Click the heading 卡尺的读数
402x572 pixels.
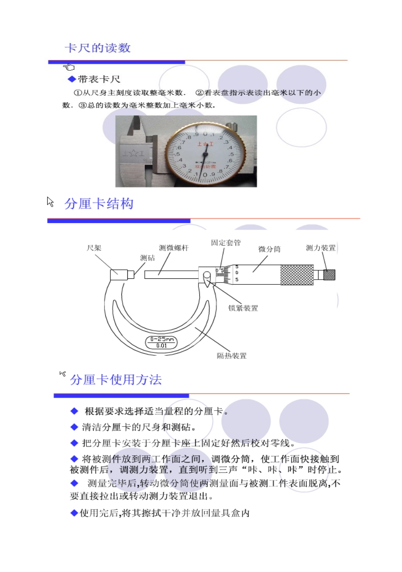[98, 48]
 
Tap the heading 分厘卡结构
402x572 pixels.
[99, 204]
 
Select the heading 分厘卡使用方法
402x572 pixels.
[116, 380]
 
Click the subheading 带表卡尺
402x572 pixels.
[99, 79]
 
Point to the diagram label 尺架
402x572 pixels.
[94, 248]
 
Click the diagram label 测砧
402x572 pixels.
[147, 258]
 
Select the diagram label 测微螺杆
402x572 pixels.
[173, 248]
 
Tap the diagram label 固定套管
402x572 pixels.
[226, 243]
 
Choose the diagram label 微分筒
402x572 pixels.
[269, 249]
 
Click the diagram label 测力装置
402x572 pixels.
[320, 248]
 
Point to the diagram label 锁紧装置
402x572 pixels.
[243, 308]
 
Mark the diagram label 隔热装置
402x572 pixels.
[231, 356]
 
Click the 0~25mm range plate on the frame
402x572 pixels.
[162, 342]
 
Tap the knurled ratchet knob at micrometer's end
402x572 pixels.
[329, 275]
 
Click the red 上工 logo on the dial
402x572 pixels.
[205, 144]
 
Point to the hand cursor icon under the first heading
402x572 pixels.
[69, 67]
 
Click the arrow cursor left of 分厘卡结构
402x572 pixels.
[50, 202]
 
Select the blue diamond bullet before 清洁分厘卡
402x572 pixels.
[74, 427]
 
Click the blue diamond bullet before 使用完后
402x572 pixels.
[74, 513]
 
